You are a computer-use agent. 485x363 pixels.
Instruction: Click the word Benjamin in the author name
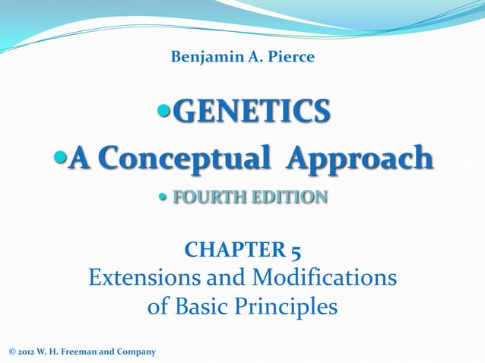tap(198, 58)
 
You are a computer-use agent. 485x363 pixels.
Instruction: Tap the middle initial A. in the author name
tap(249, 58)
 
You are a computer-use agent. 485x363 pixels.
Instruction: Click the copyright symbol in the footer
tap(11, 352)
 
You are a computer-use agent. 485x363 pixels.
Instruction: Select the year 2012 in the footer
tap(25, 352)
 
